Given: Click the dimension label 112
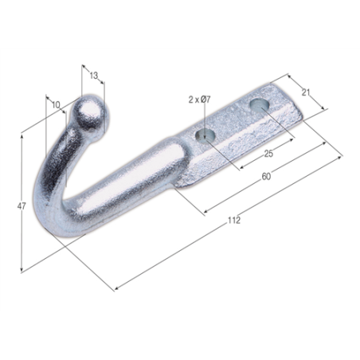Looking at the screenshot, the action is click(234, 220).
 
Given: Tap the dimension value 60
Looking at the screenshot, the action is click(266, 176).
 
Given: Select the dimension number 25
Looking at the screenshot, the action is click(268, 154).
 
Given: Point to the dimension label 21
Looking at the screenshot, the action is click(306, 92).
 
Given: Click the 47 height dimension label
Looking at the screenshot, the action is click(22, 205).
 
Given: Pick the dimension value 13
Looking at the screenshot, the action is click(94, 76).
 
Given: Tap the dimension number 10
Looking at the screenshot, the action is click(56, 105).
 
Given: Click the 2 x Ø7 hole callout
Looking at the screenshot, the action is click(200, 100).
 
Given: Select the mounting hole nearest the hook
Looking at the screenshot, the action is click(205, 135).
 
